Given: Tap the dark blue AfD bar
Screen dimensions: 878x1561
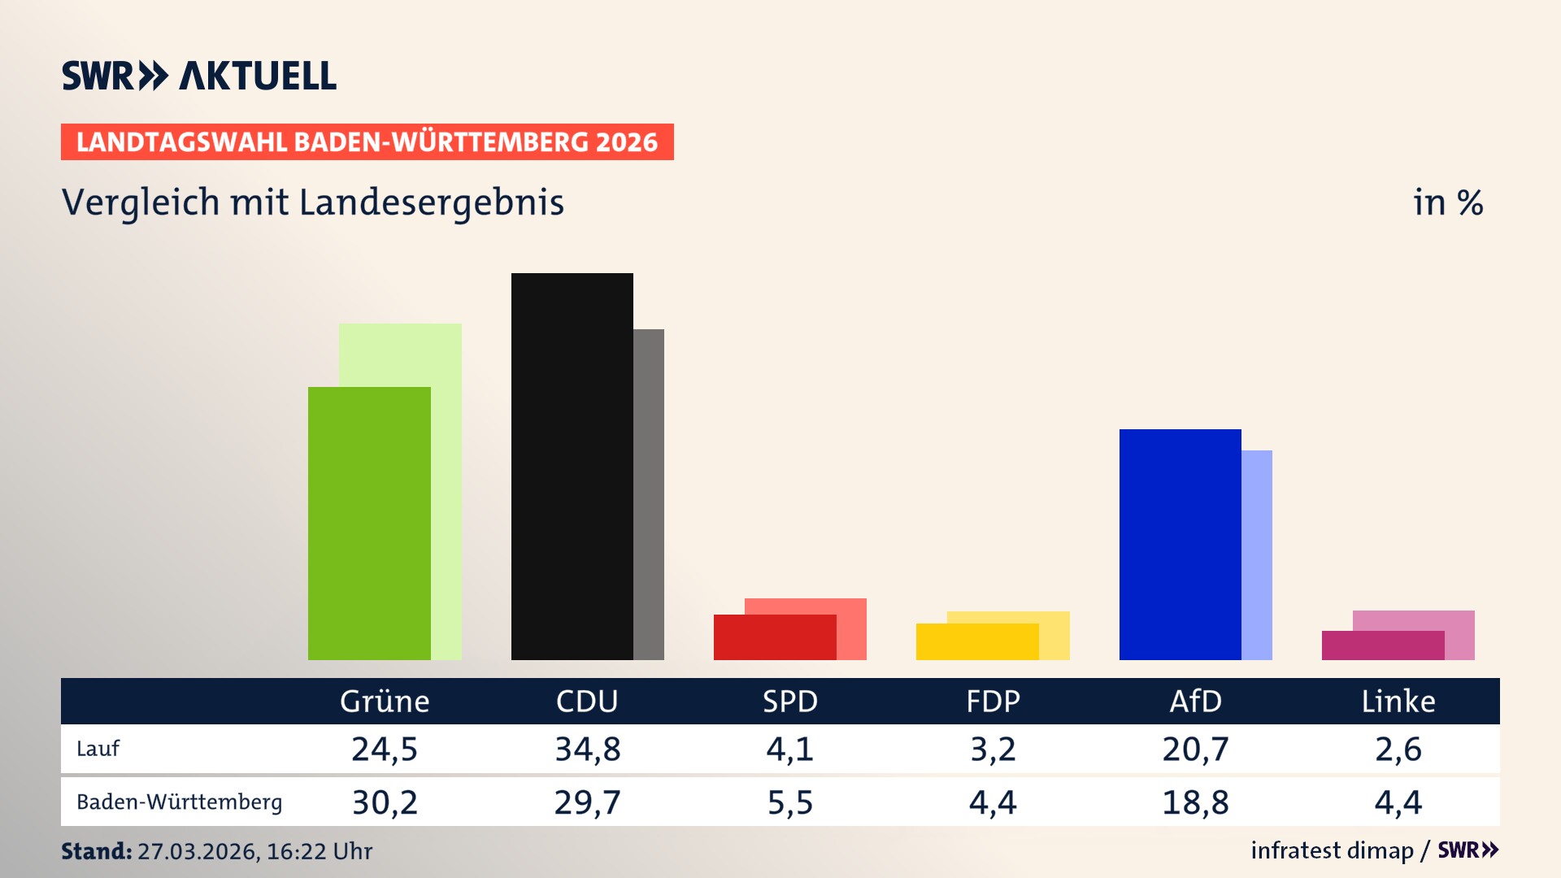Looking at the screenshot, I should click(1180, 544).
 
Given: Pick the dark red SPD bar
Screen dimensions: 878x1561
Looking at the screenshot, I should click(774, 637).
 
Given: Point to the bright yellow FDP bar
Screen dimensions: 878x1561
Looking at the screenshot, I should click(976, 641).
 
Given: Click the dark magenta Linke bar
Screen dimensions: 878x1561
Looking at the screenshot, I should click(1382, 645).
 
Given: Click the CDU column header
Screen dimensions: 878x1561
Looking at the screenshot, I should click(587, 701).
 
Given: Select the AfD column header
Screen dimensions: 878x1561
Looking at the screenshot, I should click(1195, 701).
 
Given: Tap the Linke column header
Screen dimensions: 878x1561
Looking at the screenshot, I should click(1398, 701).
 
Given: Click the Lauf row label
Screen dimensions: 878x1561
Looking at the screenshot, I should click(98, 749).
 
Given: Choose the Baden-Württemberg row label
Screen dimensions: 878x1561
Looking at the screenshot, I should click(179, 802).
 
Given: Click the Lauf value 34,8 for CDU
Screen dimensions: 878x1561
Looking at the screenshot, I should click(587, 749).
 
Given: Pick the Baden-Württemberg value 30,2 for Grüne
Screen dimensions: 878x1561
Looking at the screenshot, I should click(385, 802).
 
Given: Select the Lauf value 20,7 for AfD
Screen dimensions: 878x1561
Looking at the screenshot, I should click(1195, 749).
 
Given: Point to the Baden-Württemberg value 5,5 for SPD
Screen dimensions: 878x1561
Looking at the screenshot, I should click(790, 802).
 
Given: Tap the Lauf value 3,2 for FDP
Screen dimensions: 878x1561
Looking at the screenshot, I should click(993, 749).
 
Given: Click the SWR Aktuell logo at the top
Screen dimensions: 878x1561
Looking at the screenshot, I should click(199, 76).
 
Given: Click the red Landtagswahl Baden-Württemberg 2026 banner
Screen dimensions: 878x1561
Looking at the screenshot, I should click(367, 142).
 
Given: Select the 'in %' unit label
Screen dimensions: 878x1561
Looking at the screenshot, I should click(1448, 202).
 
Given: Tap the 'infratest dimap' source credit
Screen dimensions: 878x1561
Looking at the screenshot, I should click(1332, 850).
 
